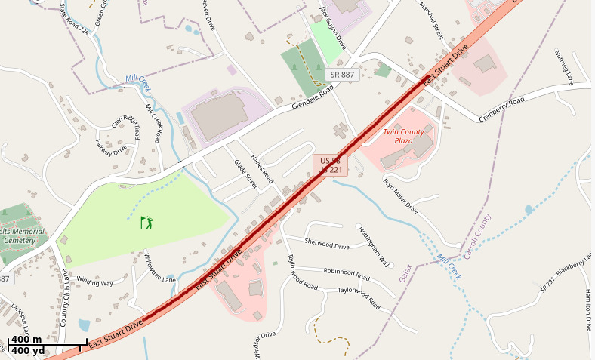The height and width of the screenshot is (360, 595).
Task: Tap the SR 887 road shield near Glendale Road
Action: coord(341,74)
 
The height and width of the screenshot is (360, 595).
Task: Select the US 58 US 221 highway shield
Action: coord(330,166)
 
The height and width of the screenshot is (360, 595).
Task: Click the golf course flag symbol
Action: coord(146,222)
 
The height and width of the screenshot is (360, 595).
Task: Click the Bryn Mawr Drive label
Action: coord(400,196)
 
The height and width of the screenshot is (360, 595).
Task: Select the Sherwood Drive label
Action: coord(327,244)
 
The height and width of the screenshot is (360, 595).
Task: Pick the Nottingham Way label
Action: coord(374,246)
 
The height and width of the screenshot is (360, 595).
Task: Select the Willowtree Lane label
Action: coord(159,268)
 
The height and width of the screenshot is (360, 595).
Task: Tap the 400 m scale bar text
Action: coord(26,340)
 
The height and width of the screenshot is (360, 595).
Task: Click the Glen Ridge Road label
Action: coord(126,126)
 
